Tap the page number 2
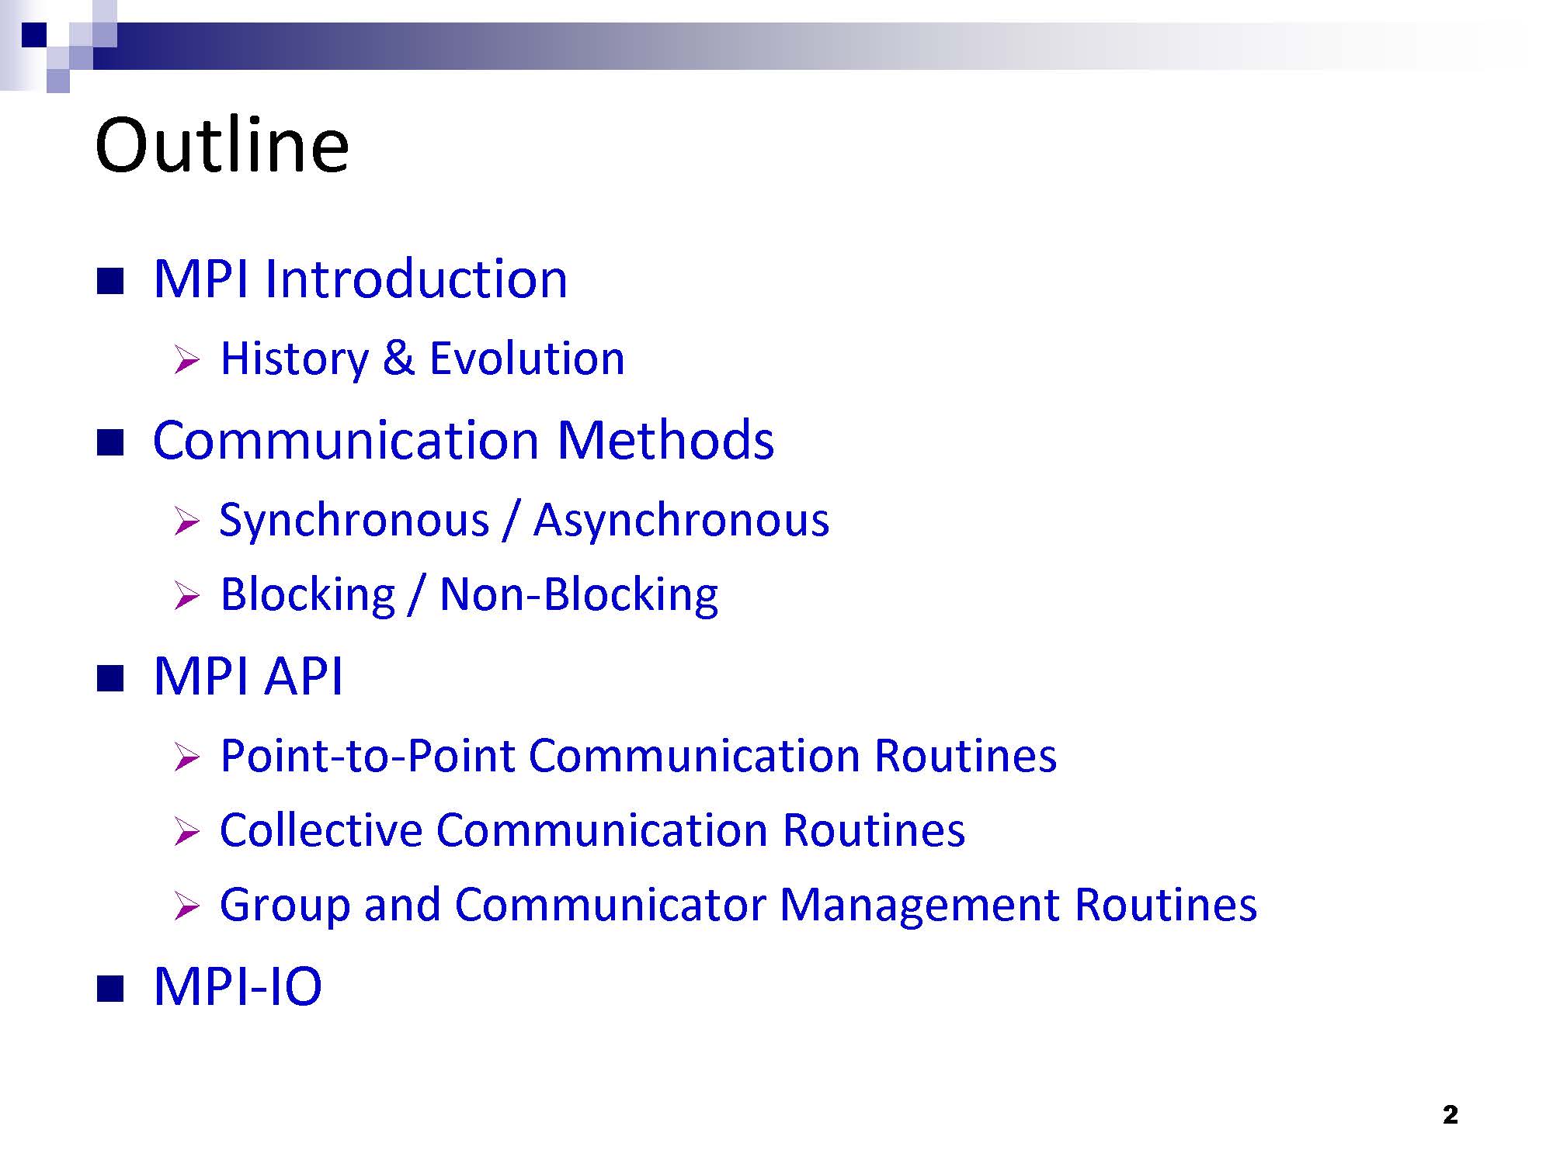1450,1115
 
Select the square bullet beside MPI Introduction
110,281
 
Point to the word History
294,359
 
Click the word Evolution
526,359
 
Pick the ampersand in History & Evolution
398,359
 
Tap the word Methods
665,439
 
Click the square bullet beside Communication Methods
110,442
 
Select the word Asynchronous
681,521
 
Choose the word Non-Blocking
578,595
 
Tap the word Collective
321,830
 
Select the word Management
919,905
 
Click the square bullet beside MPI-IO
110,989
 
